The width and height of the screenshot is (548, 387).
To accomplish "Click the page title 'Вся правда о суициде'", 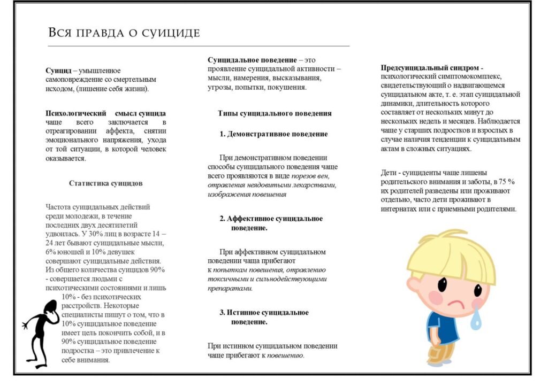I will [x=124, y=33].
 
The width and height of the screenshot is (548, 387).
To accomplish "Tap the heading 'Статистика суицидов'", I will [x=105, y=183].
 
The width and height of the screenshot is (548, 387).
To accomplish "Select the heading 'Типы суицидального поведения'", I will [x=275, y=113].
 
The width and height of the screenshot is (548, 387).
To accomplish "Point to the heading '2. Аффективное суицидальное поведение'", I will [x=271, y=223].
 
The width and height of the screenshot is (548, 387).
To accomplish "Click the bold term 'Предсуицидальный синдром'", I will [x=431, y=68].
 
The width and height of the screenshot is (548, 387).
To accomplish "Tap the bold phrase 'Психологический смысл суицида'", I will [x=105, y=113].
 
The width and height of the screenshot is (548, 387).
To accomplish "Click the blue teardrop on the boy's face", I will [x=476, y=319].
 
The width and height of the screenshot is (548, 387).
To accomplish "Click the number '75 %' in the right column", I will [x=503, y=181].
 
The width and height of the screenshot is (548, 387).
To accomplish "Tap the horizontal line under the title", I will [x=198, y=46].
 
